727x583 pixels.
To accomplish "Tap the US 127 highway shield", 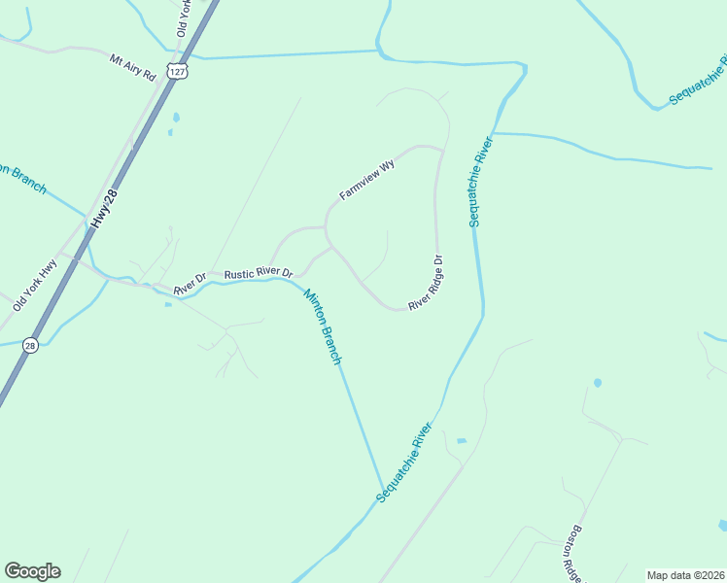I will [x=175, y=72].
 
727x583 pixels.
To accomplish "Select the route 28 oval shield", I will [x=31, y=346].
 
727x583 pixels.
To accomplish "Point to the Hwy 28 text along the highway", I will [x=104, y=209].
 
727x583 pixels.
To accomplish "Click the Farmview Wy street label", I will [x=367, y=181].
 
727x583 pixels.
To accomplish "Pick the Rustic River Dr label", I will [x=258, y=275].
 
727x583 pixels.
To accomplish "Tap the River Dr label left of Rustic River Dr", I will [x=190, y=284].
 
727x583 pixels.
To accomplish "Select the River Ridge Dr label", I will [x=426, y=283].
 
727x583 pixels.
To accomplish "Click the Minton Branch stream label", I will [x=323, y=326].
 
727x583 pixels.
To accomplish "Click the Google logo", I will [x=32, y=570].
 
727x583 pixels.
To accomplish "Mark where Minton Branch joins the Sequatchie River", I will [x=383, y=492].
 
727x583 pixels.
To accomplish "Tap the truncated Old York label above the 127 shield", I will [x=182, y=18].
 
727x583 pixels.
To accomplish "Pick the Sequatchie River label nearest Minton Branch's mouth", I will [x=403, y=463].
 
